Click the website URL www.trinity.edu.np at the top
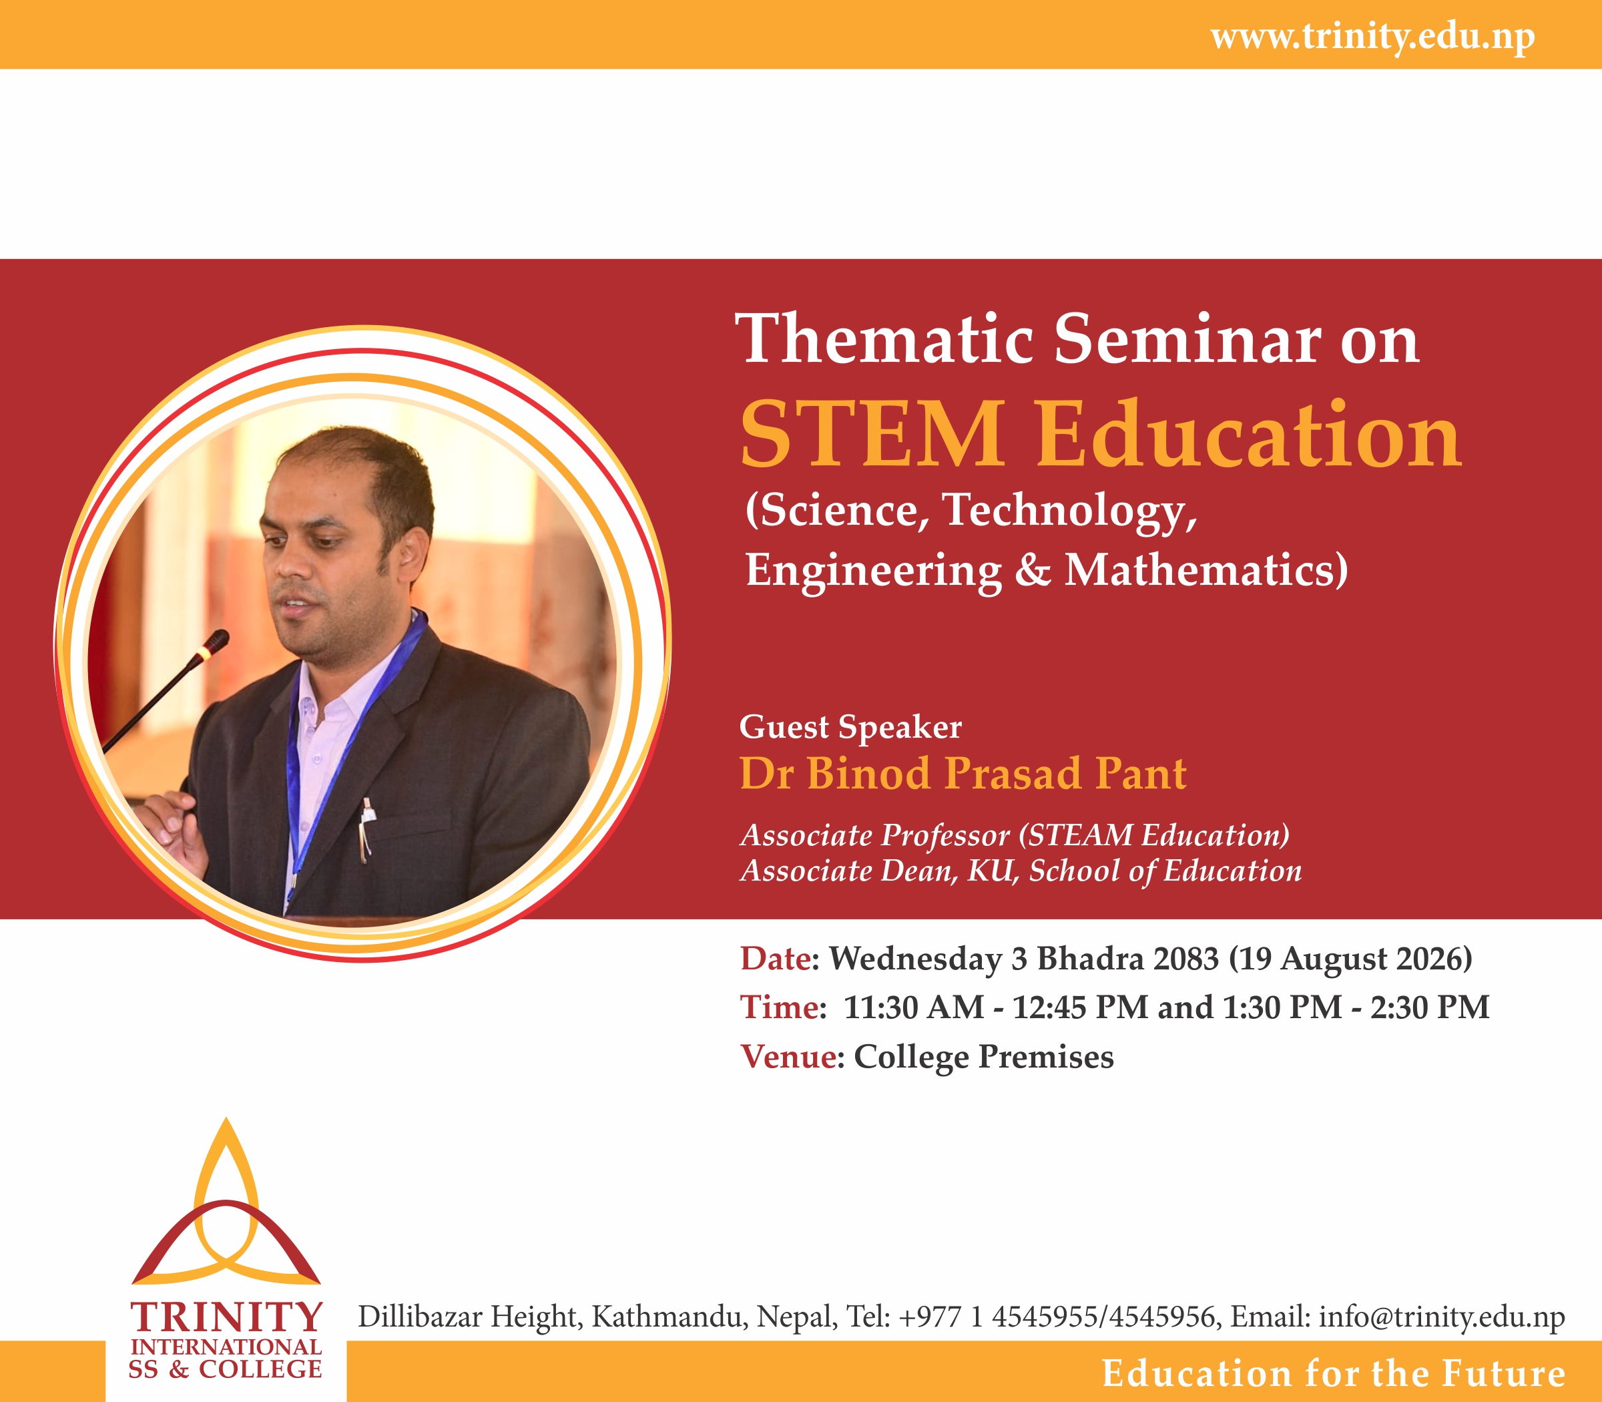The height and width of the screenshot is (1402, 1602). [1373, 37]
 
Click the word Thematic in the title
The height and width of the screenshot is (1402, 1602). [888, 338]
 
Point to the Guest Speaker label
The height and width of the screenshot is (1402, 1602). [850, 728]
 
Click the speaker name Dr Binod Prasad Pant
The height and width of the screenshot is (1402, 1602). [963, 773]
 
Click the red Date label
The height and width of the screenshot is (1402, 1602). [775, 959]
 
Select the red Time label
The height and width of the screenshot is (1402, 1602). [778, 1007]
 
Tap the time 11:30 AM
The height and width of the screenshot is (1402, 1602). [914, 1007]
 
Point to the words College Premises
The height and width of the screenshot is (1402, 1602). [983, 1057]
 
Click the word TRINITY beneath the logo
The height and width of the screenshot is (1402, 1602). [226, 1317]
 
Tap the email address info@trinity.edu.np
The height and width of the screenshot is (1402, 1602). [1441, 1317]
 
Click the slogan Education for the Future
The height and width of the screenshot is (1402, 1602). [1334, 1374]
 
